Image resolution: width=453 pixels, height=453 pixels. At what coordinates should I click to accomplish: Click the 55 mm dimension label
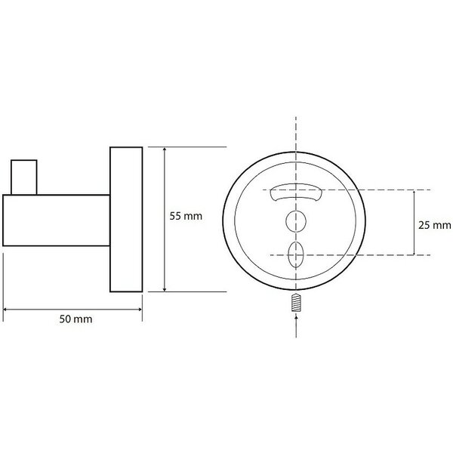186,216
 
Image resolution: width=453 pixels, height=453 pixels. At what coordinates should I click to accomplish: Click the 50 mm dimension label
75,319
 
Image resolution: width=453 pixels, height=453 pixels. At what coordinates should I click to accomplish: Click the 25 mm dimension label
435,225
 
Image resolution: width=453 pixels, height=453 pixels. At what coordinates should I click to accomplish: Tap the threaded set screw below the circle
297,303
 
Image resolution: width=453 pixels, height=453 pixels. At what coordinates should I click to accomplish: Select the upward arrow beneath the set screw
296,326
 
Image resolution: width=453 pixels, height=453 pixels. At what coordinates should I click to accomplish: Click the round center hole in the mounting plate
296,221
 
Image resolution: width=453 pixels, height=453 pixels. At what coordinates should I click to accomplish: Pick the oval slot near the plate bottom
296,254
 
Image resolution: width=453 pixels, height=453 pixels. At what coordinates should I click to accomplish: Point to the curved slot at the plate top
296,193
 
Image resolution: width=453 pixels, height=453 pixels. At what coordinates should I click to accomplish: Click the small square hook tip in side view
24,177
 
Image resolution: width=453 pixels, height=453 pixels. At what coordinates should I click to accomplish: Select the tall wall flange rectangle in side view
126,219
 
